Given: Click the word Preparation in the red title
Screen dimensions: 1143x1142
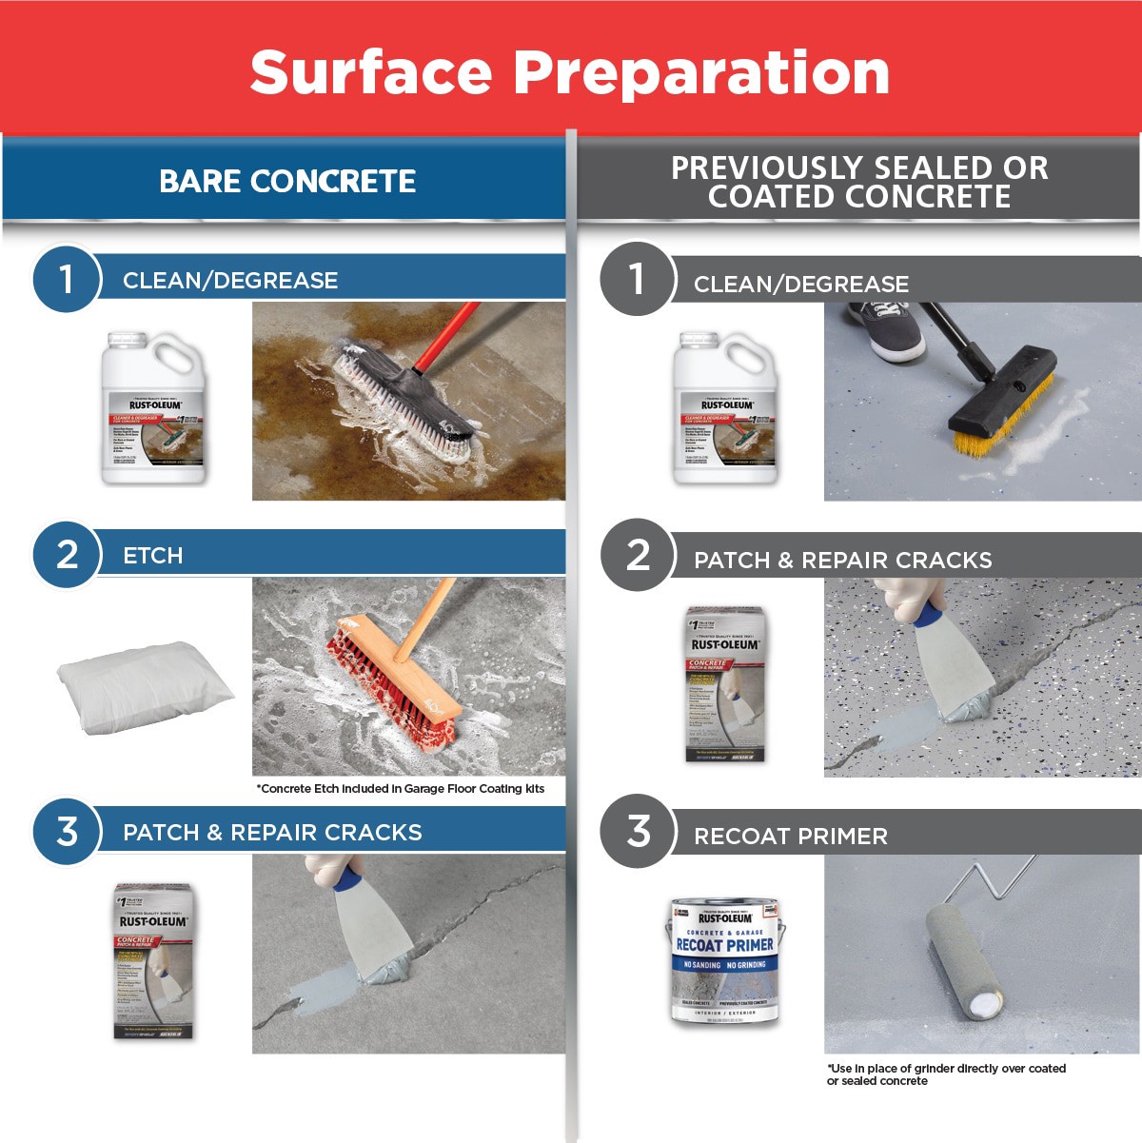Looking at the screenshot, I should pos(701,73).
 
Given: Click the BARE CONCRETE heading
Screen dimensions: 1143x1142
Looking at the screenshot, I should pos(286,181).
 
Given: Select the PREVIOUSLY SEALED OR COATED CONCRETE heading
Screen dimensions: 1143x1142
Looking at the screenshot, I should pos(859,182).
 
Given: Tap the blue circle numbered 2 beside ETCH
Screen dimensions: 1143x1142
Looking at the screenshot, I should pos(67,555).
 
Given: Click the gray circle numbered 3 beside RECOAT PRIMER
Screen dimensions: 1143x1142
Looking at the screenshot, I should pos(638,831).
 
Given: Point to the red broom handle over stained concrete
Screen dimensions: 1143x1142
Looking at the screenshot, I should pos(447,338).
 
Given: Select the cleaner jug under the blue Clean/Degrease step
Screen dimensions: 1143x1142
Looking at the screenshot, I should pos(154,409).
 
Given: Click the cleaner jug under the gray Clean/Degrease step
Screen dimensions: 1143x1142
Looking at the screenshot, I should pos(725,409).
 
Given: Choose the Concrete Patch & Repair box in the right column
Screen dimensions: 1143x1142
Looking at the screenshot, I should pos(725,683).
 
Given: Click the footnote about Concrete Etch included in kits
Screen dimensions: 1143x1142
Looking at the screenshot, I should pos(401,789).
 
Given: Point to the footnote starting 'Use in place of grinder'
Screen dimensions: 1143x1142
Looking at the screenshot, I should pos(946,1074).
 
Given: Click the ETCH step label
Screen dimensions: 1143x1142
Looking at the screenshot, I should pos(152,556).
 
